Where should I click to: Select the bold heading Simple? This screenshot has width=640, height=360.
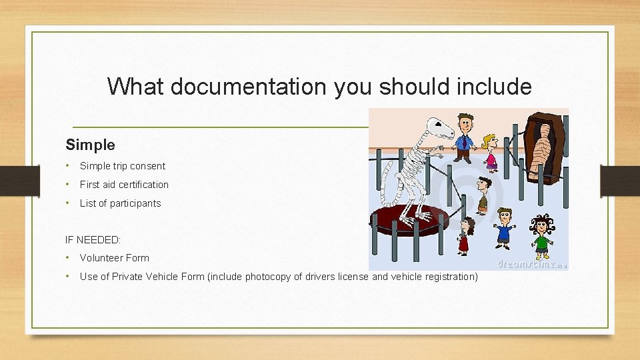pos(90,145)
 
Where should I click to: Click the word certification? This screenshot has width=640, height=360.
pos(143,185)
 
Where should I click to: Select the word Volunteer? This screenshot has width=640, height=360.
pos(101,258)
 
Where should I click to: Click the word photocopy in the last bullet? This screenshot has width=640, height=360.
pos(268,277)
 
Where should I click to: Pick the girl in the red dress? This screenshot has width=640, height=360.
pos(465,235)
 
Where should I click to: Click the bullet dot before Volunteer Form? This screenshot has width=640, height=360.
pos(67,258)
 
